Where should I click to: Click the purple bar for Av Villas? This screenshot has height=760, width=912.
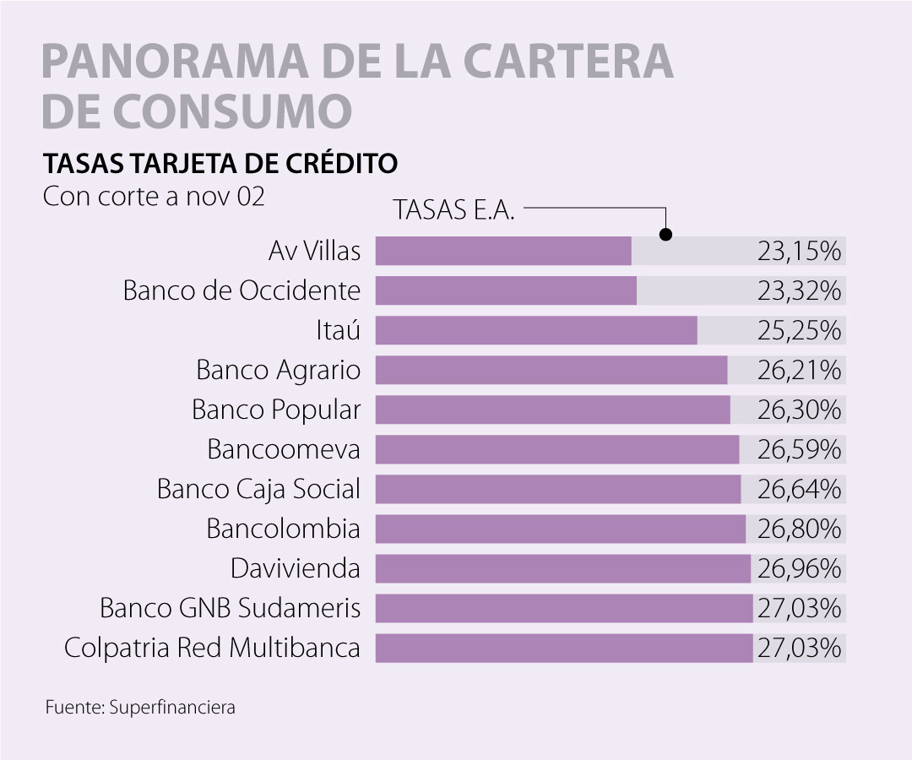(503, 251)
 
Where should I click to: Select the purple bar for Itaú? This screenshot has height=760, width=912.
(536, 330)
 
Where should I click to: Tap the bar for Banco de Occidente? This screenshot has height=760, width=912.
(506, 290)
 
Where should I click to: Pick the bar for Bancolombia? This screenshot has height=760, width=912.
(560, 529)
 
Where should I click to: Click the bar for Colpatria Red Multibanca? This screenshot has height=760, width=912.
(563, 648)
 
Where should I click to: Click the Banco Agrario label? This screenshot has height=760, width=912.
(278, 370)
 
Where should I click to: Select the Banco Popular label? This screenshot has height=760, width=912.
(276, 410)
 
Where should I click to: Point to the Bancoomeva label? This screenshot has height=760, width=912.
(284, 449)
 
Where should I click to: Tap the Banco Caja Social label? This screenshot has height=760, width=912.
(258, 489)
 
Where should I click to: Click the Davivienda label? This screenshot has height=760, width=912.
(296, 568)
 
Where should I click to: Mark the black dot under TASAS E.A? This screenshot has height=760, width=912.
(665, 234)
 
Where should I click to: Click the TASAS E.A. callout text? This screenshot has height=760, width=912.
(454, 210)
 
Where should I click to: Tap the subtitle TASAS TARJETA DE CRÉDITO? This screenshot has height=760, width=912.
(220, 162)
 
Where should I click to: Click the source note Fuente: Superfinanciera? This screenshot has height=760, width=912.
(140, 708)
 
